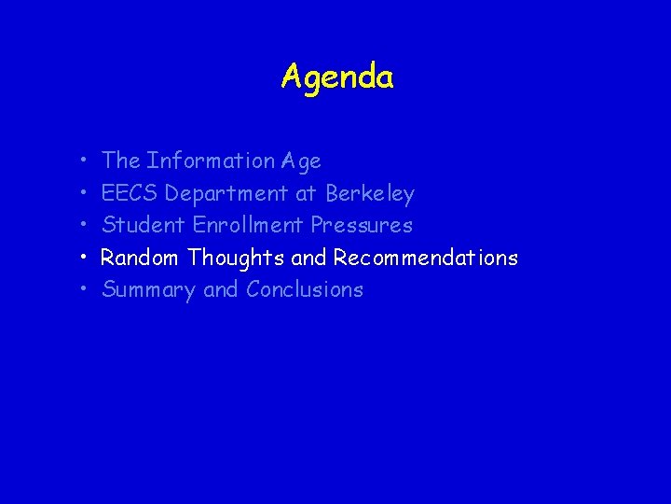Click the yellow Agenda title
337,77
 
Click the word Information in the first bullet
211,161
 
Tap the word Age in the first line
301,161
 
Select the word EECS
130,193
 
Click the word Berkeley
370,194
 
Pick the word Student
144,225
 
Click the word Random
141,258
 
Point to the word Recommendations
426,258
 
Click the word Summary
149,290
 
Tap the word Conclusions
305,289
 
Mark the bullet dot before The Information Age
83,161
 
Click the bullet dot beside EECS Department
83,194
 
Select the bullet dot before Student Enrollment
83,226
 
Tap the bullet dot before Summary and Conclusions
83,290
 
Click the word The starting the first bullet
121,161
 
